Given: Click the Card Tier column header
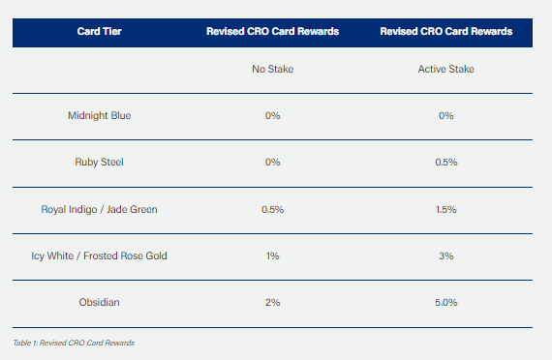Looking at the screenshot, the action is (x=100, y=31).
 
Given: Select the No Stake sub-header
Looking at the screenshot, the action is (x=272, y=69).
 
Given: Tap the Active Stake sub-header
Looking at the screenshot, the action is (x=446, y=69).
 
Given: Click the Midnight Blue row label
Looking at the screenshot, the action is (x=100, y=115).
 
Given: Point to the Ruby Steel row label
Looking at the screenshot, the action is (x=100, y=162).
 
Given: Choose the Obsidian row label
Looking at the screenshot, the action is (x=100, y=302).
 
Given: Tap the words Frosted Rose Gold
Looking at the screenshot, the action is (x=125, y=255).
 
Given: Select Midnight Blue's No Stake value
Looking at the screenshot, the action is (x=272, y=115).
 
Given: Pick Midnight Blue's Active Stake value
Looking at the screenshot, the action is (x=446, y=115).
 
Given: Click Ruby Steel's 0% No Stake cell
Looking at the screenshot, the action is (x=272, y=162).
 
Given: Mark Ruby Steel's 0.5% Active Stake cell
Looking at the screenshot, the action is (x=446, y=162).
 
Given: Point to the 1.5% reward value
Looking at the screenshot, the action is (x=446, y=209).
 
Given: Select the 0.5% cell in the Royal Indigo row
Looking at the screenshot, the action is (x=272, y=209).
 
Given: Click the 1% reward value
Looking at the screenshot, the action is (x=272, y=255).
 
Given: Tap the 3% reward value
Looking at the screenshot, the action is (x=446, y=255).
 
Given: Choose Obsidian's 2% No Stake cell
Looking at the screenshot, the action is (x=272, y=302).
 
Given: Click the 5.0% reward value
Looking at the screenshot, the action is (x=446, y=302).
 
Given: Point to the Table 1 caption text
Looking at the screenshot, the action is (x=74, y=343).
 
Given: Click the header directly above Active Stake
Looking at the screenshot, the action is (x=446, y=31).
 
